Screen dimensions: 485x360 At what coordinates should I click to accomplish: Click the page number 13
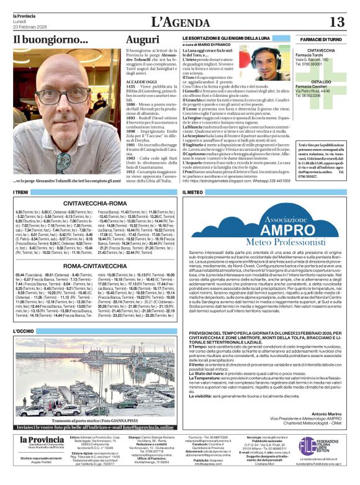(x=336, y=22)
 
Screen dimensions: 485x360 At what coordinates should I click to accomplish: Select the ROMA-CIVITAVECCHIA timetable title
(x=95, y=266)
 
